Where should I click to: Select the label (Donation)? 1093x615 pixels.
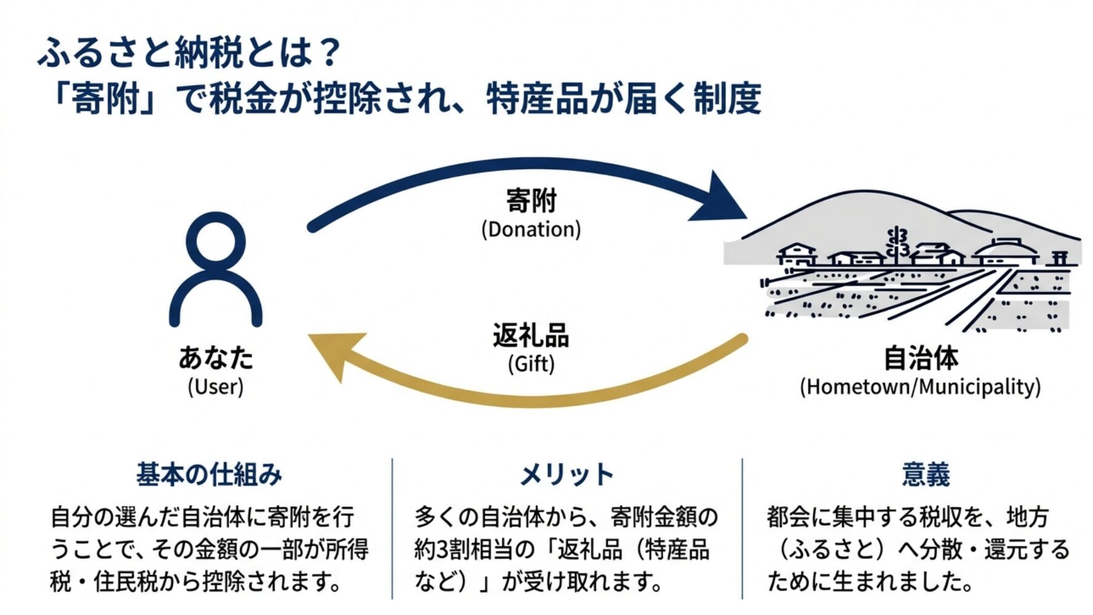531,229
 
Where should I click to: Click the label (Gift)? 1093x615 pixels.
531,363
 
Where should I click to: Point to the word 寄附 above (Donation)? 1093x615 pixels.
531,200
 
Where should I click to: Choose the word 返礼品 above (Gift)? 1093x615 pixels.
531,335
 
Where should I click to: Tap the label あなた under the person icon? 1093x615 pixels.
216,357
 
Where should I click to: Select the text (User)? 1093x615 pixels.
216,387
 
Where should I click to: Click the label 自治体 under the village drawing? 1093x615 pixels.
921,358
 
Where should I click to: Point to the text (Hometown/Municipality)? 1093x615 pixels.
920,387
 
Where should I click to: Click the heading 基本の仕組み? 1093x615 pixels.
209,475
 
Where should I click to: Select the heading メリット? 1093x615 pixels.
567,475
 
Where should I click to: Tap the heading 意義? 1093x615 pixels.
926,475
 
